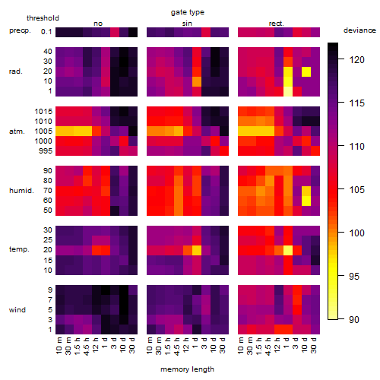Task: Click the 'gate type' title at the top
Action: click(x=188, y=12)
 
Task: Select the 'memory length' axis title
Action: click(x=187, y=369)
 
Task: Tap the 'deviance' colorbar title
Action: click(x=359, y=30)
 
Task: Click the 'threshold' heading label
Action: click(x=43, y=18)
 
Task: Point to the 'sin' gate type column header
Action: click(x=187, y=24)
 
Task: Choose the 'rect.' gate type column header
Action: click(x=277, y=24)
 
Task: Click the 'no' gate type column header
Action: click(x=98, y=24)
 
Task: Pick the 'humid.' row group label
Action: click(x=21, y=191)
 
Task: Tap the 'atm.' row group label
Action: click(x=17, y=131)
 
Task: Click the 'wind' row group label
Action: click(x=17, y=310)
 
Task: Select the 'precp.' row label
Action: click(x=20, y=30)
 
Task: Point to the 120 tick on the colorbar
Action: click(x=356, y=60)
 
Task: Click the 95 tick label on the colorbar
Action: click(x=354, y=276)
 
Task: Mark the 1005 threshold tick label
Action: click(x=43, y=131)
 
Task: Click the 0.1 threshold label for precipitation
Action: click(x=46, y=32)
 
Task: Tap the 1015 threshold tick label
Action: click(x=43, y=112)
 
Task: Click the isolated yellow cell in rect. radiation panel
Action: click(x=306, y=71)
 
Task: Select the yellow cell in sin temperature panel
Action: click(x=197, y=250)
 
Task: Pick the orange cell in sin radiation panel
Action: click(x=197, y=81)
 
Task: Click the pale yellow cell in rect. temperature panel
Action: click(x=288, y=250)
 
